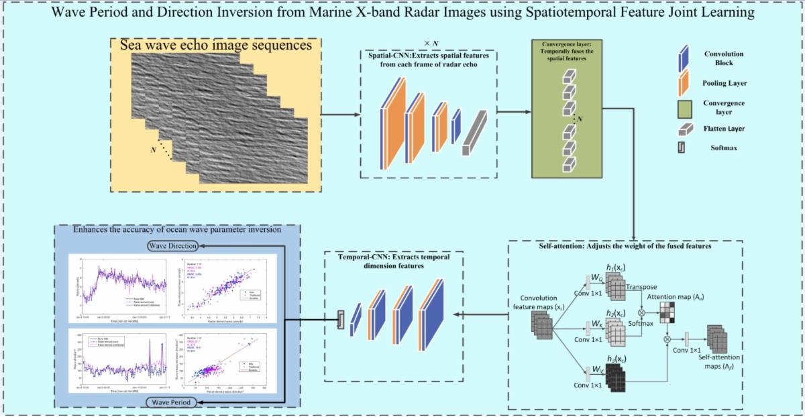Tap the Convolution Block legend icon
685,58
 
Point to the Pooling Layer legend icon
685,83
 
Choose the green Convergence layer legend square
685,107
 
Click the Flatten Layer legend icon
685,129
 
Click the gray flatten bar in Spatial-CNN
474,133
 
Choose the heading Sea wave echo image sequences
215,46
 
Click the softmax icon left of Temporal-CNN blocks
341,320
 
